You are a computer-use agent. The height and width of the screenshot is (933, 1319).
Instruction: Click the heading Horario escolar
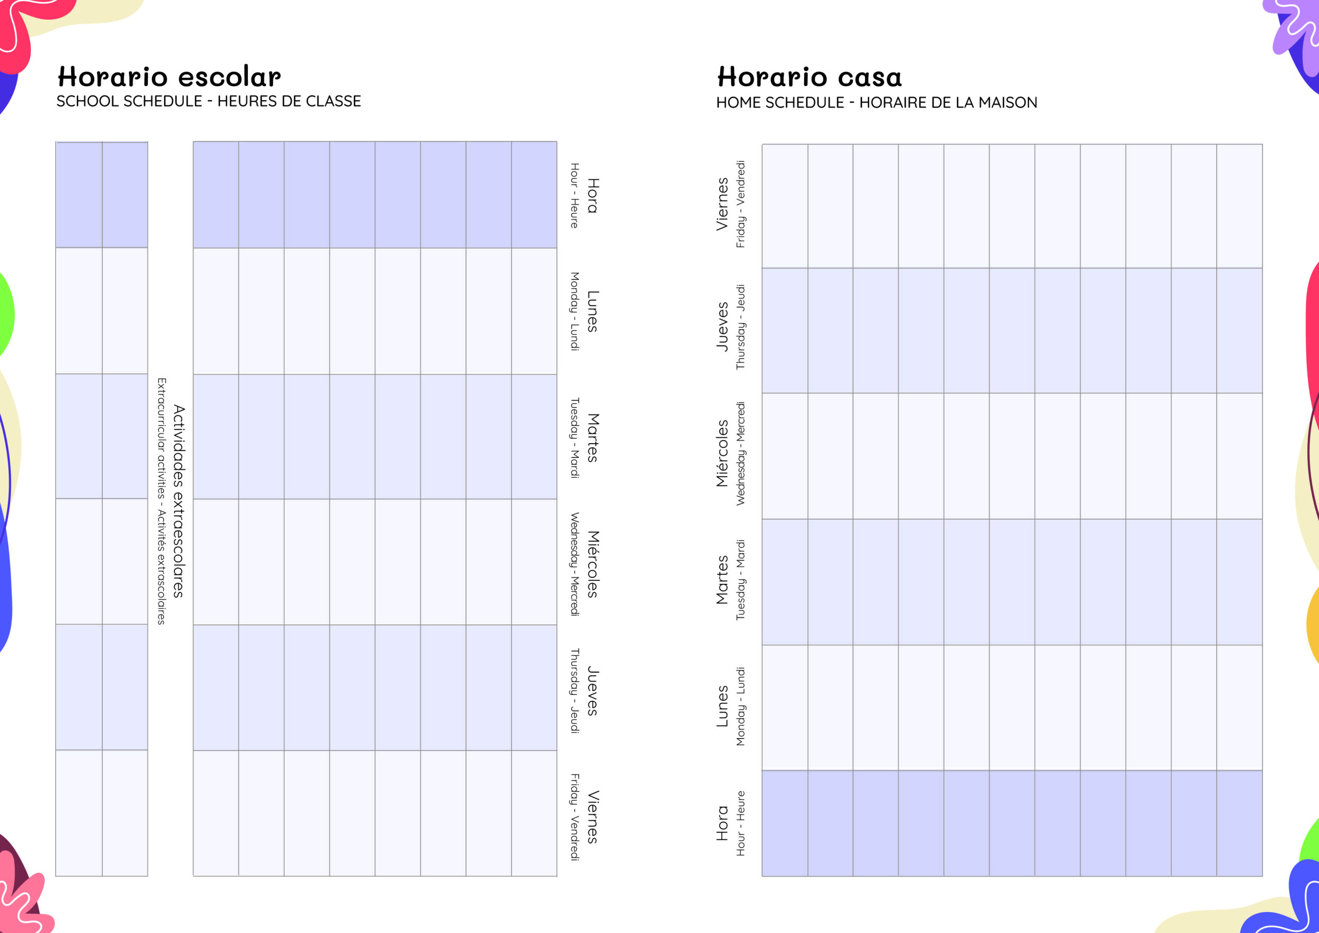coord(169,76)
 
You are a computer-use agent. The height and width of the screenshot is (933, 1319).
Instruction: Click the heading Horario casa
coord(809,77)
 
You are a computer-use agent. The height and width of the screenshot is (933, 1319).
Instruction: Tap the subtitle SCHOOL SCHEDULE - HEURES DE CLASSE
coord(209,101)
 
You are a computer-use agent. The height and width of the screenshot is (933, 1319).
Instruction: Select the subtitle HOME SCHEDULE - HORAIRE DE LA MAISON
coord(876,103)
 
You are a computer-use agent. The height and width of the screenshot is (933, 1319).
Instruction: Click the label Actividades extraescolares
coord(179,501)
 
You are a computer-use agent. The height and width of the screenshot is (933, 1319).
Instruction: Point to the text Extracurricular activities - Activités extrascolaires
coord(161,501)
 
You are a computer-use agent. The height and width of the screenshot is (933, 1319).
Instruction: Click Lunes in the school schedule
coord(593,311)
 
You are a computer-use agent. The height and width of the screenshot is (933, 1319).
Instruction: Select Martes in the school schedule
coord(593,438)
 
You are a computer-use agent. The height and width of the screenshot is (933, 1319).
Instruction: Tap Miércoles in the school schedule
coord(593,564)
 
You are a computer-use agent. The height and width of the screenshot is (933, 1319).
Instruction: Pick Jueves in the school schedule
coord(593,690)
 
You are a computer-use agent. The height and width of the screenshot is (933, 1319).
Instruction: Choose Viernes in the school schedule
coord(593,817)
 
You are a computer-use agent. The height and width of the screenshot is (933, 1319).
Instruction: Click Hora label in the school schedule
coord(593,195)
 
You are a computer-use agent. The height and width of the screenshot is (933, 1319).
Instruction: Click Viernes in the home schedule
coord(722,204)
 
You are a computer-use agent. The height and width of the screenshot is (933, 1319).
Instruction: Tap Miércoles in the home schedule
coord(722,454)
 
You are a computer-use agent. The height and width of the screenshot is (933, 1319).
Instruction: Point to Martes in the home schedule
coord(722,579)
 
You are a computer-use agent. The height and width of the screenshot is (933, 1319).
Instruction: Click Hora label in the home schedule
coord(722,823)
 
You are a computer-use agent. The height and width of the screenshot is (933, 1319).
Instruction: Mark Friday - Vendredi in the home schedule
coord(740,204)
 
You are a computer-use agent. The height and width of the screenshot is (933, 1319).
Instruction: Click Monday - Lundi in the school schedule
coord(574,311)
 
